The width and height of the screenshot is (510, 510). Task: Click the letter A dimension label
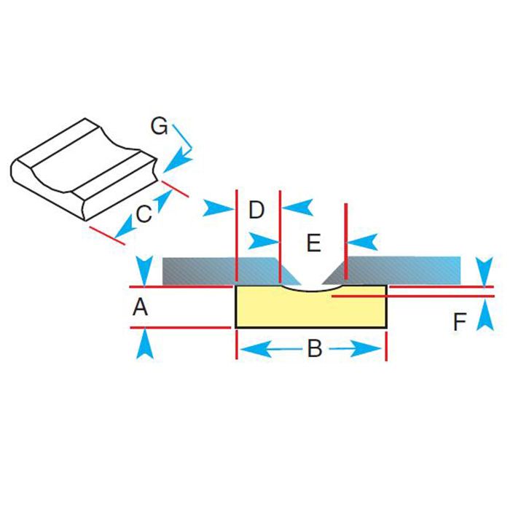tap(141, 308)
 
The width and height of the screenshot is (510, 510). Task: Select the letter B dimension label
tap(314, 350)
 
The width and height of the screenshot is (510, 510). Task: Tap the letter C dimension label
tap(144, 214)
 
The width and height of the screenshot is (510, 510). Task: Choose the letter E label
tap(313, 243)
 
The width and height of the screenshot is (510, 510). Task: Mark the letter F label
tap(459, 322)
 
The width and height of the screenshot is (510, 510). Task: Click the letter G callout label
tap(159, 127)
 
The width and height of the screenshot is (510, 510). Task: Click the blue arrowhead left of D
tap(217, 208)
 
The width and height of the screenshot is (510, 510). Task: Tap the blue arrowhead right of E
tap(364, 240)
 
